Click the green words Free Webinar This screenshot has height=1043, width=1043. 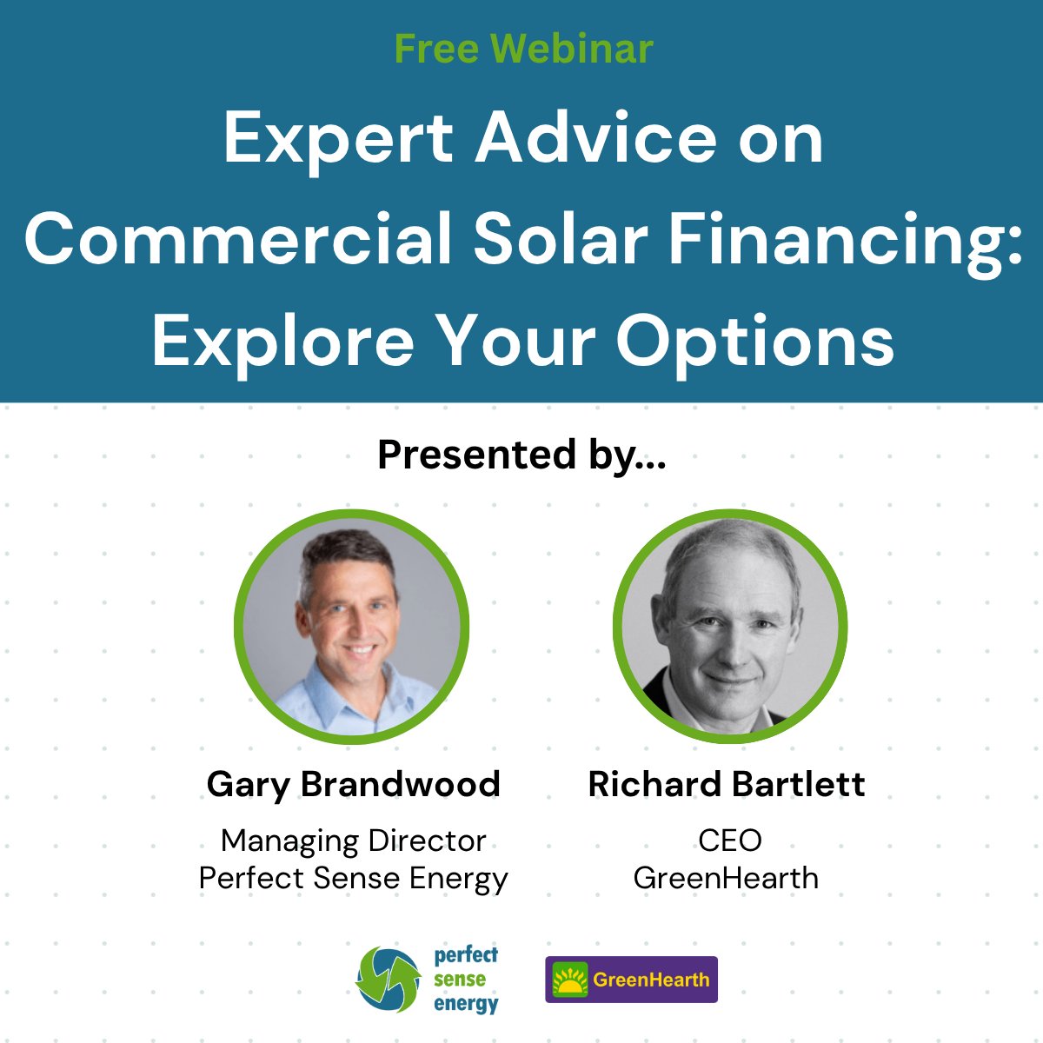[x=523, y=49]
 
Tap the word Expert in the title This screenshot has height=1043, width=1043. [x=338, y=139]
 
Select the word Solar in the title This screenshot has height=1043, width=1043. [x=560, y=239]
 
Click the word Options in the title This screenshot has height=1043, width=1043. [x=755, y=341]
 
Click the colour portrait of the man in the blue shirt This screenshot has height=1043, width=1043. [x=352, y=626]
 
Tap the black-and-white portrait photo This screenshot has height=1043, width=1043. [x=730, y=626]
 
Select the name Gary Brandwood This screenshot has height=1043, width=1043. [x=353, y=784]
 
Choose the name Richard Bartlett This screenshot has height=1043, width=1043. [x=727, y=784]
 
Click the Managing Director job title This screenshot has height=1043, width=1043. [x=353, y=840]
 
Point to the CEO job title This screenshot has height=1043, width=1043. [x=729, y=840]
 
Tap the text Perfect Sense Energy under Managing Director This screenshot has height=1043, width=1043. [x=353, y=878]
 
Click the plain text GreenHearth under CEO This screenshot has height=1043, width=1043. [x=726, y=878]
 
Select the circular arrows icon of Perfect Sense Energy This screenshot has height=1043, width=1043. [x=388, y=980]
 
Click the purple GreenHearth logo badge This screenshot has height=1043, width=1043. [x=632, y=980]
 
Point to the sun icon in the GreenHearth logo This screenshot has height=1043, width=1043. [x=571, y=980]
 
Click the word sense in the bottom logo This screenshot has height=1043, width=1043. [x=460, y=980]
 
